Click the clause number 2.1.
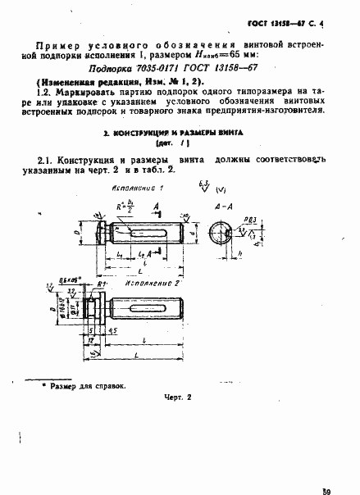point(50,160)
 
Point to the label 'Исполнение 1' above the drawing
point(134,188)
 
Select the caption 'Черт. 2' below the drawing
point(175,419)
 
